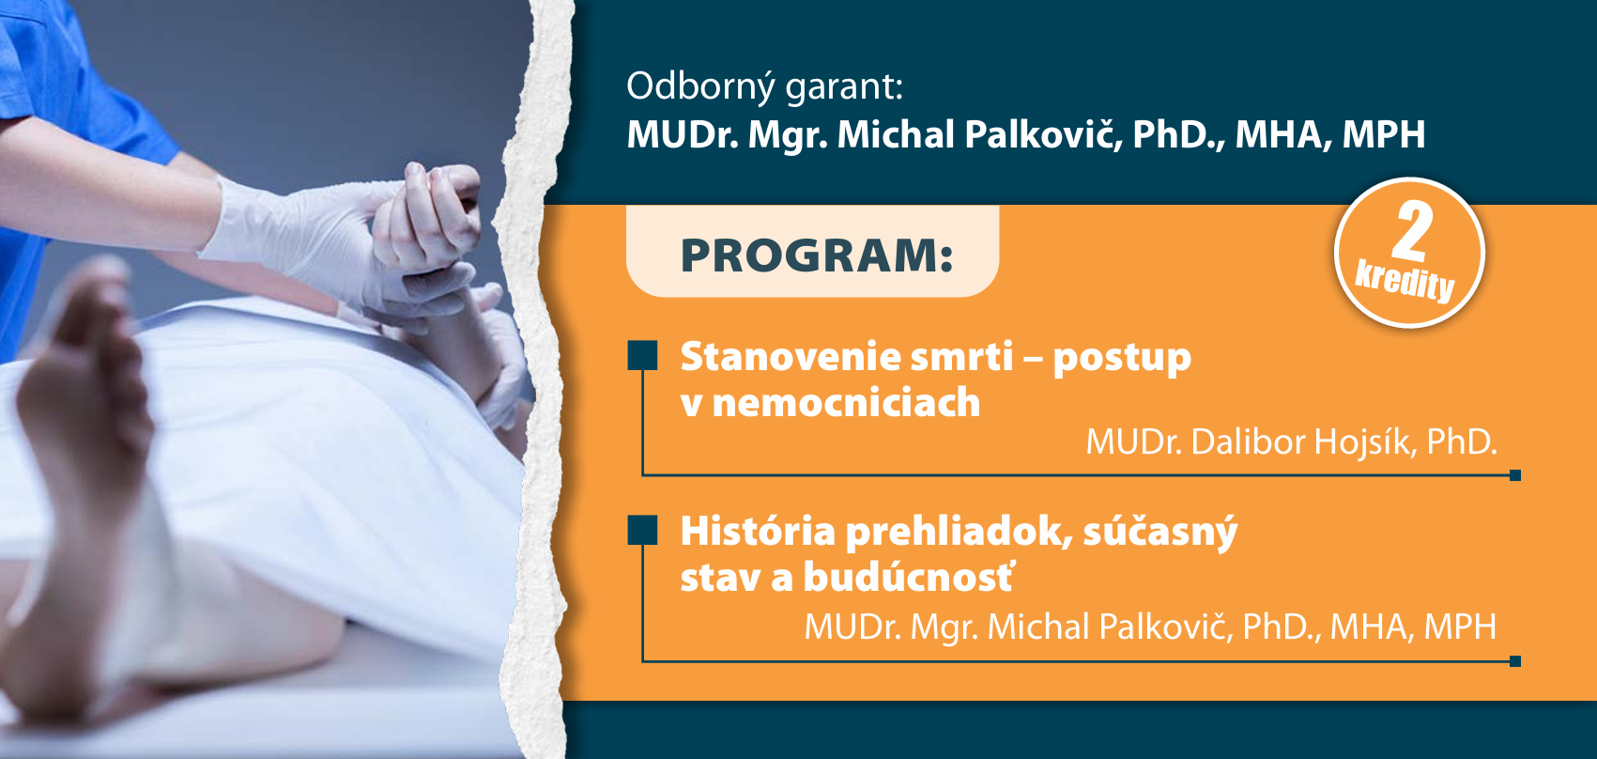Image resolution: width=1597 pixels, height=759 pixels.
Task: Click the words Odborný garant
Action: pyautogui.click(x=764, y=87)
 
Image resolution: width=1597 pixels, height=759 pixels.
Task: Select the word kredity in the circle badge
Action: pyautogui.click(x=1405, y=282)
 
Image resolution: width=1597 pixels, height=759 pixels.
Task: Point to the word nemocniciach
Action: pyautogui.click(x=846, y=402)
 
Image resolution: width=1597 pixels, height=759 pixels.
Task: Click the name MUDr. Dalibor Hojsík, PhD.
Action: pyautogui.click(x=1291, y=442)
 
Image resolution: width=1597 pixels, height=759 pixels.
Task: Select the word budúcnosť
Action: pyautogui.click(x=908, y=577)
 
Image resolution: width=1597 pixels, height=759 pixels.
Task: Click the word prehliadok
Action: pyautogui.click(x=960, y=533)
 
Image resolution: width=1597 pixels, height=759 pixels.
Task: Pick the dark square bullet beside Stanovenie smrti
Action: pyautogui.click(x=642, y=356)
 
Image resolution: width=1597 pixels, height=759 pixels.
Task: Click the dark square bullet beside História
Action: pyautogui.click(x=642, y=530)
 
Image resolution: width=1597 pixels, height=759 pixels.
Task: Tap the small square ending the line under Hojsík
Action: pyautogui.click(x=1515, y=475)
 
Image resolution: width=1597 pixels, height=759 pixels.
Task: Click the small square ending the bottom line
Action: pyautogui.click(x=1515, y=661)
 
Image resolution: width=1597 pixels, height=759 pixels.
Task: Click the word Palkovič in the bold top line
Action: pyautogui.click(x=1044, y=134)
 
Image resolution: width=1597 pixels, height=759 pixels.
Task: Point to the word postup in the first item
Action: pyautogui.click(x=1122, y=358)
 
